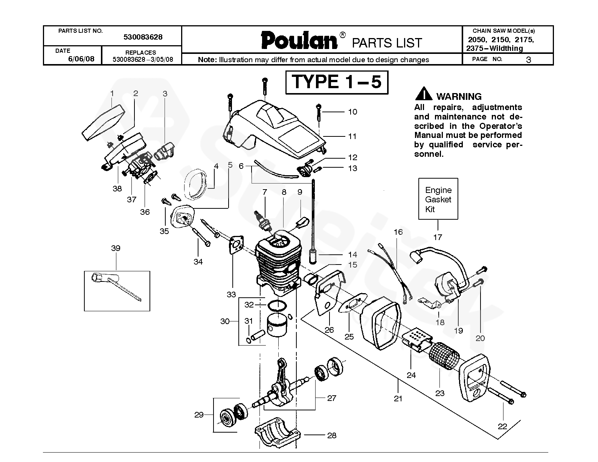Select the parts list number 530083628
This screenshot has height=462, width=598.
(143, 37)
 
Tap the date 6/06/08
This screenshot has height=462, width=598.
(81, 59)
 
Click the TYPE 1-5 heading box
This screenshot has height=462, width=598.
(337, 82)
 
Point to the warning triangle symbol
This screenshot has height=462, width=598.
(424, 93)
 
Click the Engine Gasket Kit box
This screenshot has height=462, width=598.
(438, 199)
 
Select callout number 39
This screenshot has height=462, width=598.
(116, 248)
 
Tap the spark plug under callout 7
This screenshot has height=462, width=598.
(264, 221)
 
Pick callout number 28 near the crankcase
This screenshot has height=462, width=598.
(332, 435)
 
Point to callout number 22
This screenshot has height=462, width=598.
(502, 427)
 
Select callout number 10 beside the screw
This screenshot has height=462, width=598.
(352, 112)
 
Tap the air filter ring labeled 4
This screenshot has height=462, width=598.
(195, 184)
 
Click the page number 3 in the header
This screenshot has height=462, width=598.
(528, 60)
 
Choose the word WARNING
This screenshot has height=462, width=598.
(459, 96)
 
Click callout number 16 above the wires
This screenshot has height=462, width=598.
(398, 232)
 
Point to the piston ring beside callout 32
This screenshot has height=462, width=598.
(277, 306)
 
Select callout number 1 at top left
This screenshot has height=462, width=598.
(112, 93)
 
